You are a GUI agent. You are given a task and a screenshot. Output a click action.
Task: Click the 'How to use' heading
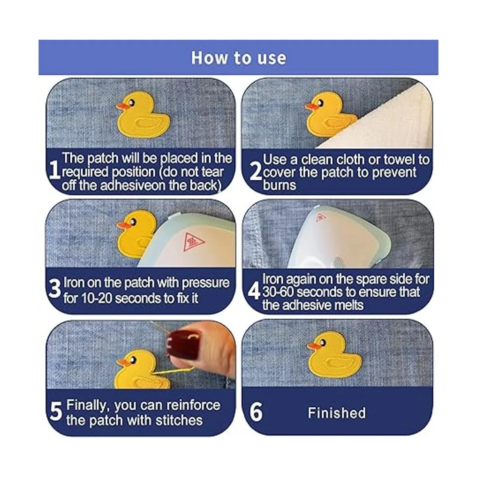click(x=238, y=58)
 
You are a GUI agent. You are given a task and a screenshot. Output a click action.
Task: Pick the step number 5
click(x=56, y=411)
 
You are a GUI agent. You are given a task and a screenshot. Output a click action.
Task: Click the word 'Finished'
click(x=337, y=413)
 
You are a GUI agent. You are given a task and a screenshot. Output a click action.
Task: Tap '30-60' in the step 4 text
click(x=278, y=292)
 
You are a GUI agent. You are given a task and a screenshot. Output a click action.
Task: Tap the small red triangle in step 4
click(x=321, y=217)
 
